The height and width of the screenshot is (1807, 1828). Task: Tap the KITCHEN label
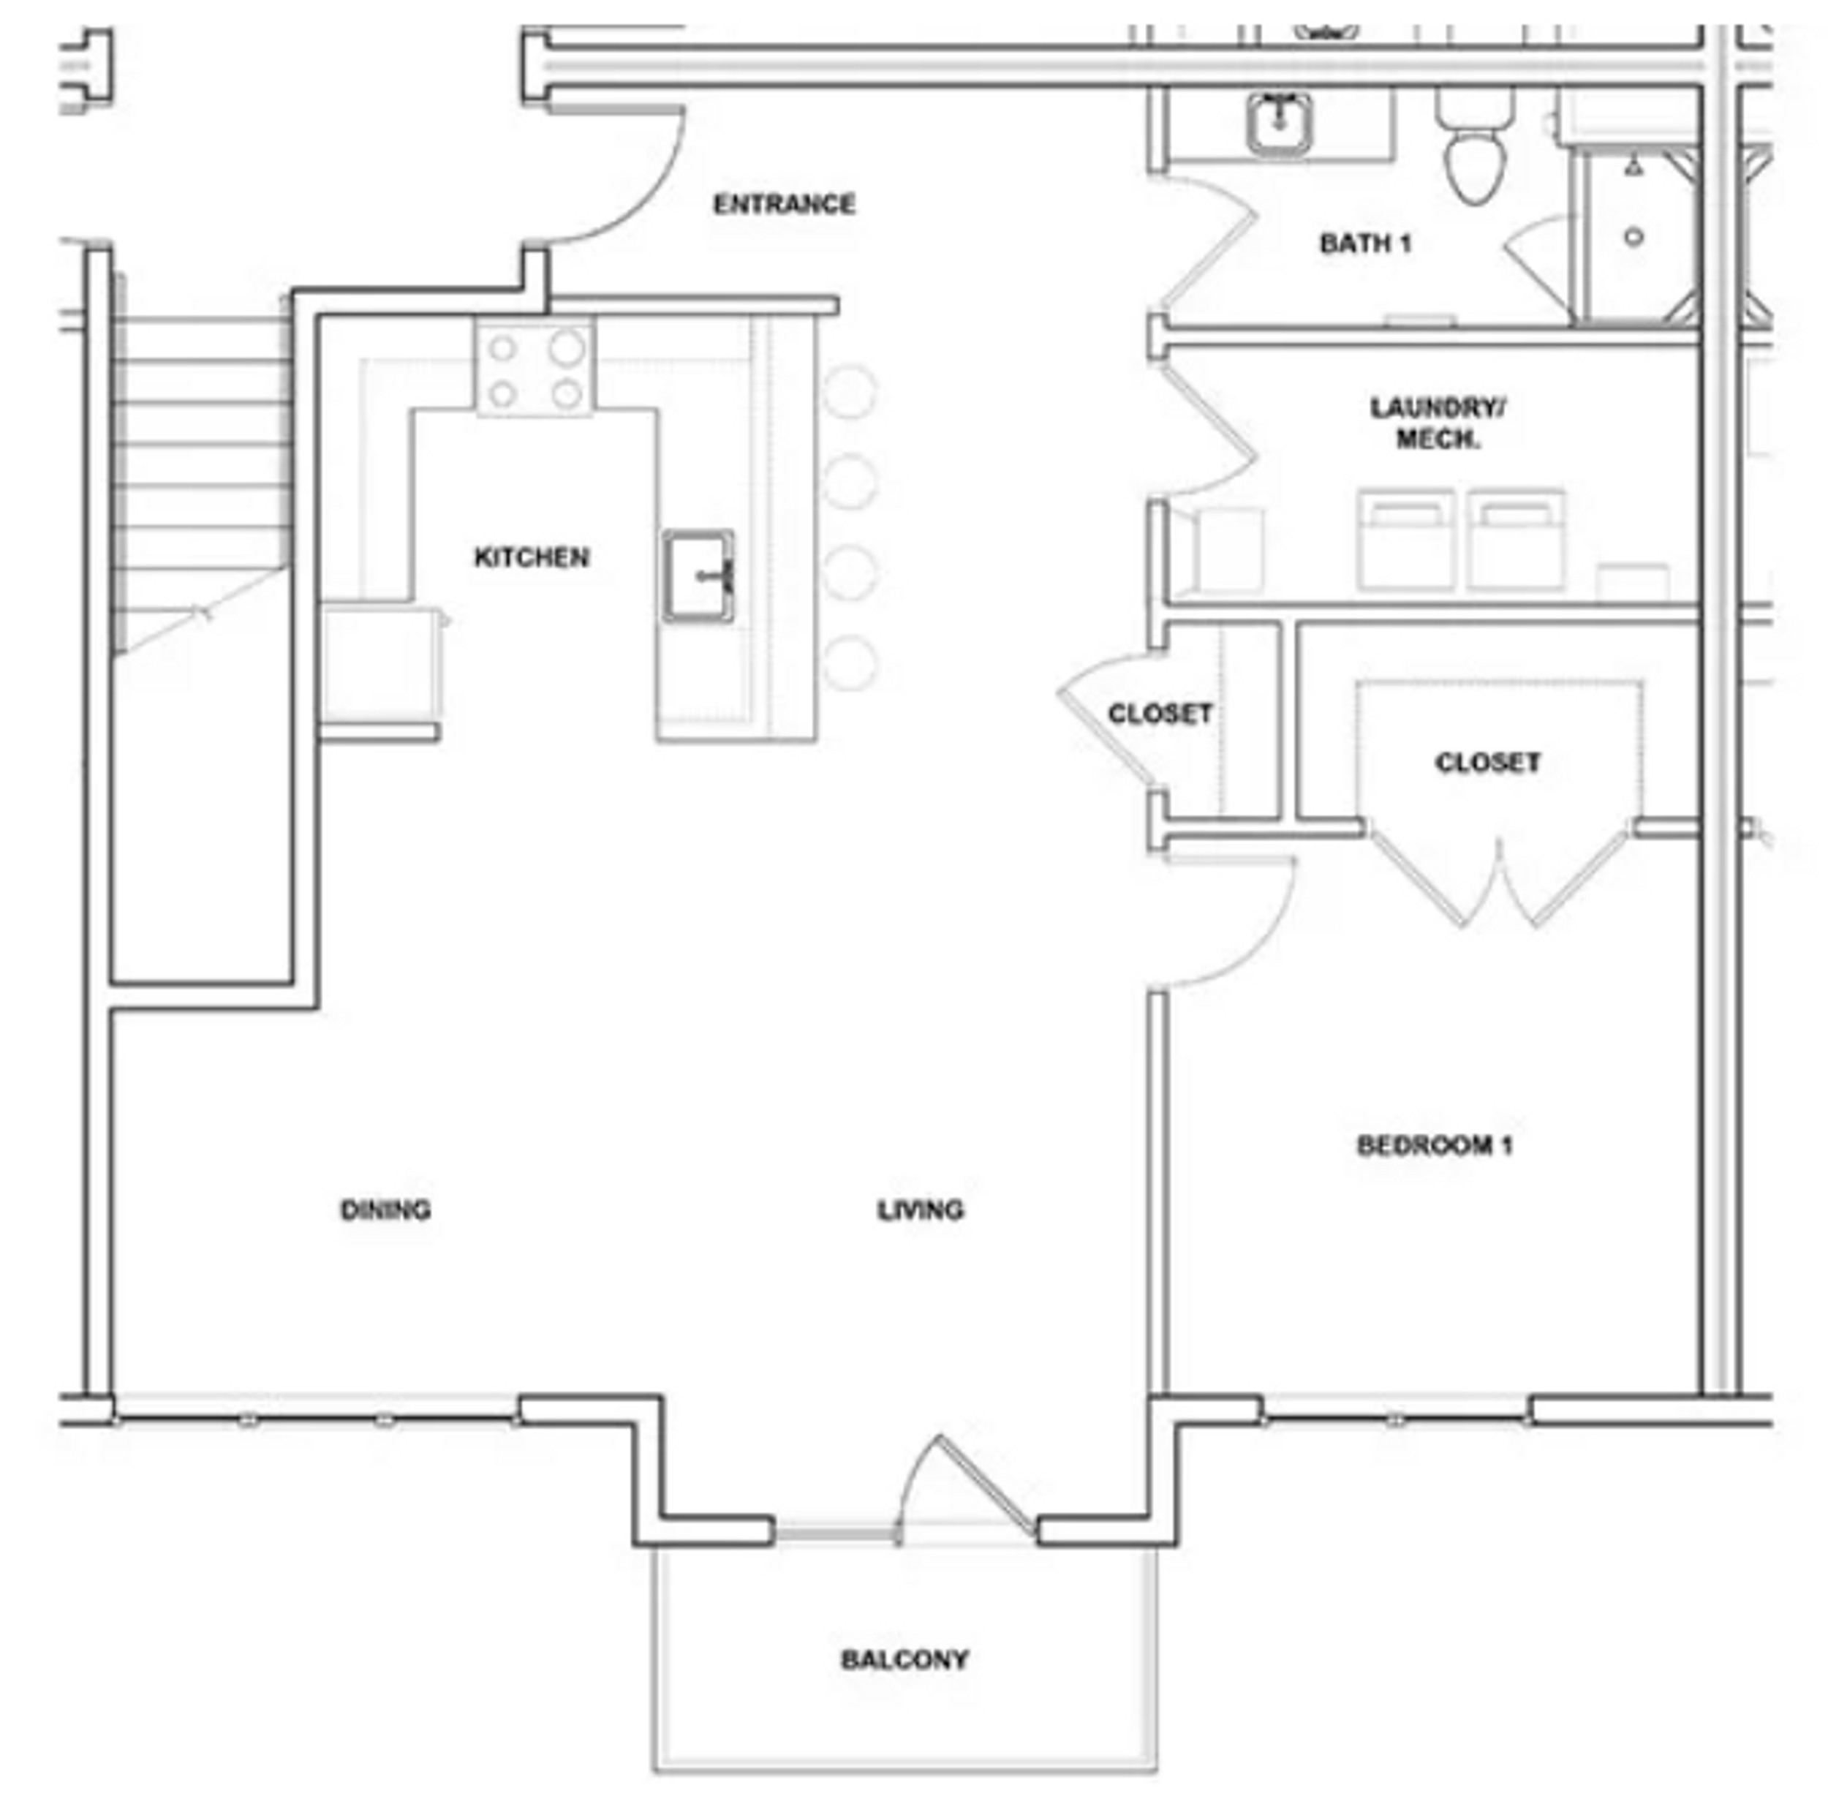click(531, 557)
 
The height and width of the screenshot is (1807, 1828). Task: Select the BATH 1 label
click(1364, 244)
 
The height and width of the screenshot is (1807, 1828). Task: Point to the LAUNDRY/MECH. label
click(1438, 423)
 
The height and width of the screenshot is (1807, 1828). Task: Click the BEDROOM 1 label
click(1435, 1146)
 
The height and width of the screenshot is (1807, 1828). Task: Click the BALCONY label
click(904, 1660)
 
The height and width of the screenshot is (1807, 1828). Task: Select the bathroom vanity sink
click(1279, 123)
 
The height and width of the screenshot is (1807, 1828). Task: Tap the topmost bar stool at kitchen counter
click(850, 391)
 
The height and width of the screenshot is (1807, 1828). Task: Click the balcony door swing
click(965, 1485)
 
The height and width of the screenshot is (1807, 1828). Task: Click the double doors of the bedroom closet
click(1497, 880)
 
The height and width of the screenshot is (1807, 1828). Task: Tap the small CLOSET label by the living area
click(1160, 714)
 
